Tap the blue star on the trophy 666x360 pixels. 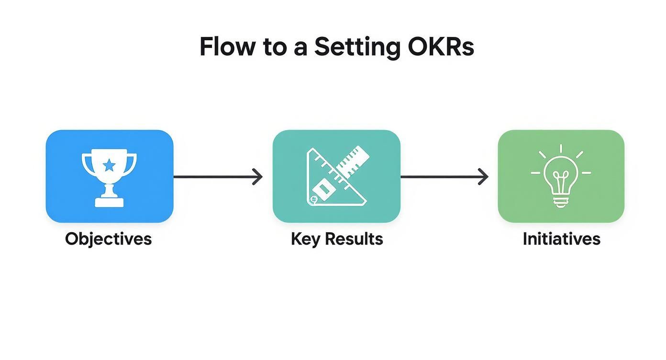109,166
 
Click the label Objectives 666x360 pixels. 108,238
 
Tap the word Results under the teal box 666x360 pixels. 354,238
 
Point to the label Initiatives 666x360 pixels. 561,238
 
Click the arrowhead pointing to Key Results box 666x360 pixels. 258,177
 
